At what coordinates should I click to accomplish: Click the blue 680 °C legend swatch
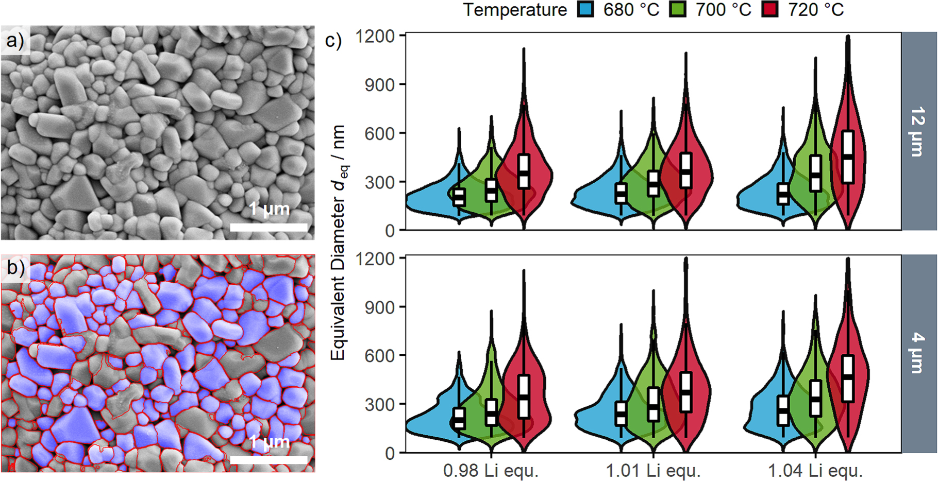click(585, 9)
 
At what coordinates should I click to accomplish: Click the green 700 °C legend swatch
click(678, 9)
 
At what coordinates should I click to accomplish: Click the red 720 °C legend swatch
click(770, 9)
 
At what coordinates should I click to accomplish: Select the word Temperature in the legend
click(514, 10)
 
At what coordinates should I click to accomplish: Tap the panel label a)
click(15, 40)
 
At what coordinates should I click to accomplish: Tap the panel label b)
click(15, 268)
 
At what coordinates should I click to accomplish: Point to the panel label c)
click(333, 40)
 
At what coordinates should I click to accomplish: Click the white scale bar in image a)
click(269, 227)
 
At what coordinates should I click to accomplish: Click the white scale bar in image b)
click(269, 460)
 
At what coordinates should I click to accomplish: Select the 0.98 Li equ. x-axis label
click(491, 471)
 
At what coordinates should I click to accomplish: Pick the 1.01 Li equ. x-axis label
click(653, 471)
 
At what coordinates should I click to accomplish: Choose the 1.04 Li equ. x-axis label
click(815, 471)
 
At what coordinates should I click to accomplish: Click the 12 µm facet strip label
click(918, 131)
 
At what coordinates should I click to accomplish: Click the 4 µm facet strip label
click(918, 353)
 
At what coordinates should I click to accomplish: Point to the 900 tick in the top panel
click(379, 84)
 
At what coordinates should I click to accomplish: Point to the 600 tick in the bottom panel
click(379, 355)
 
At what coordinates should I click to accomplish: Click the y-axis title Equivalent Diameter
click(338, 242)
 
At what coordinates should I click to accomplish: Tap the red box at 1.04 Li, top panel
click(848, 157)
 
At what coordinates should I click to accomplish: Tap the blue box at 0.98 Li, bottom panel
click(459, 418)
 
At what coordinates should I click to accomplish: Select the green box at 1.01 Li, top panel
click(654, 183)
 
